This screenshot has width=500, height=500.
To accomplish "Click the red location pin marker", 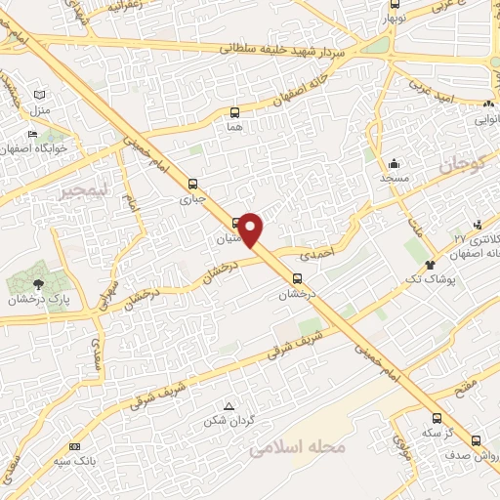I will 251,229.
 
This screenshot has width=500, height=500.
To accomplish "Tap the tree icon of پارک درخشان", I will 38,284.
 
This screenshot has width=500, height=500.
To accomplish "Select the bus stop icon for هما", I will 233,112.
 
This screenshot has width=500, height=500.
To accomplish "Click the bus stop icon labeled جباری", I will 192,183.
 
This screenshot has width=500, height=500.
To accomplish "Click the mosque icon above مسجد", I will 393,163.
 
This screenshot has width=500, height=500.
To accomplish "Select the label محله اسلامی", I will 298,448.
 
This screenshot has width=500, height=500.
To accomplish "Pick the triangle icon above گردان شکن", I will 229,406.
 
